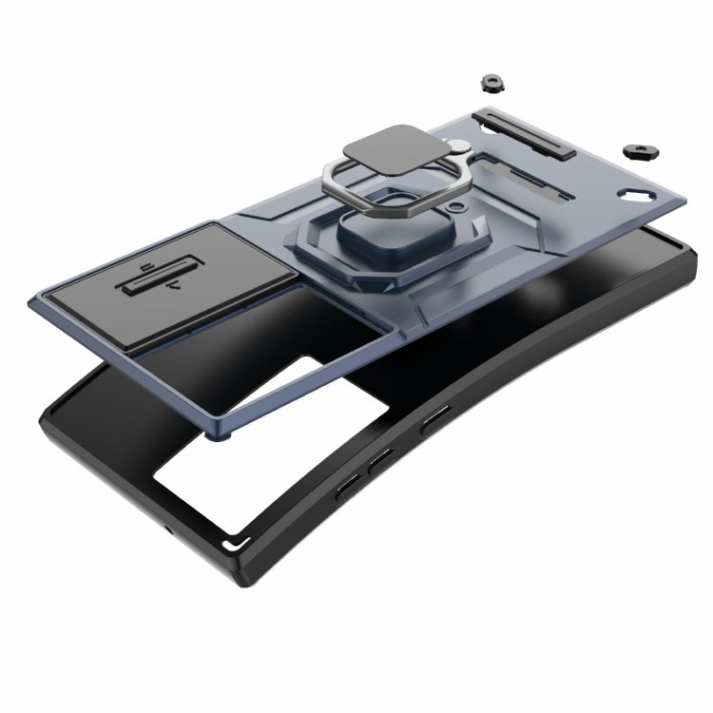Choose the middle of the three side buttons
coord(380,461)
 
